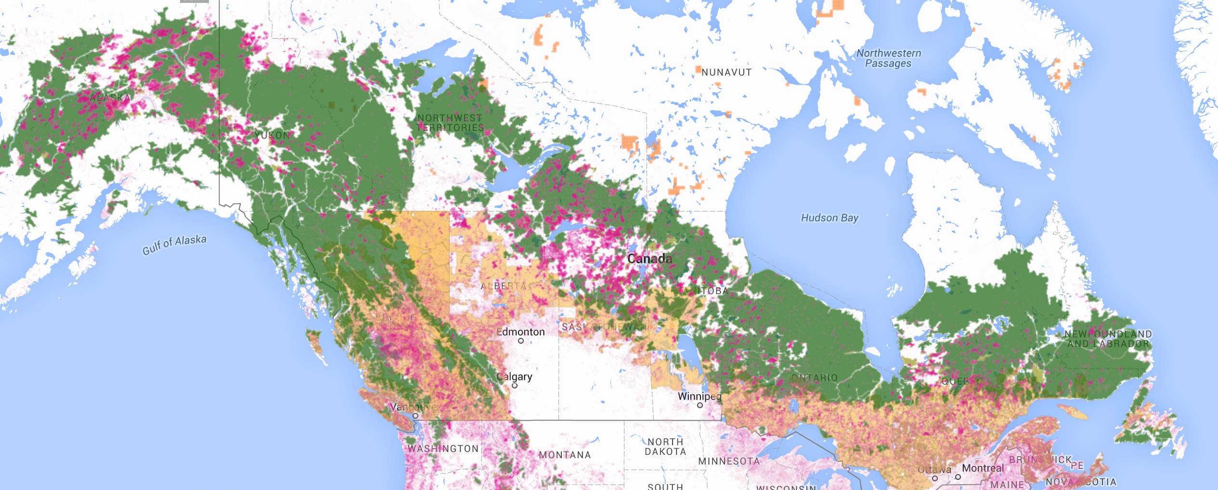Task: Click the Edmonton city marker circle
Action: tap(520, 341)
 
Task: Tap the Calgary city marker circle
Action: tap(514, 386)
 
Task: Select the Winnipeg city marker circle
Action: tap(700, 405)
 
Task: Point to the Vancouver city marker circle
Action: tap(415, 416)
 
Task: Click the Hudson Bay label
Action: tap(829, 218)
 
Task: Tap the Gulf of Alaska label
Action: tap(174, 244)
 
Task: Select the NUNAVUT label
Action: tap(726, 72)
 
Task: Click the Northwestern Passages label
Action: tap(888, 58)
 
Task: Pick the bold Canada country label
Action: tap(649, 258)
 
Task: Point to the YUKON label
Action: tap(272, 135)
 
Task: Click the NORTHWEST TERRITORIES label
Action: tap(450, 123)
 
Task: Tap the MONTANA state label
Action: tap(564, 455)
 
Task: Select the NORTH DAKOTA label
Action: tap(665, 447)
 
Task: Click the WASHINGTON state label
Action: tap(443, 449)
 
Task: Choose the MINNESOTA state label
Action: tap(729, 461)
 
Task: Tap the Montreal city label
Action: tap(983, 468)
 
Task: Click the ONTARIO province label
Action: tap(814, 378)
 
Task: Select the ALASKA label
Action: tap(110, 98)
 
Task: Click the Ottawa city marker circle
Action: tap(934, 478)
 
